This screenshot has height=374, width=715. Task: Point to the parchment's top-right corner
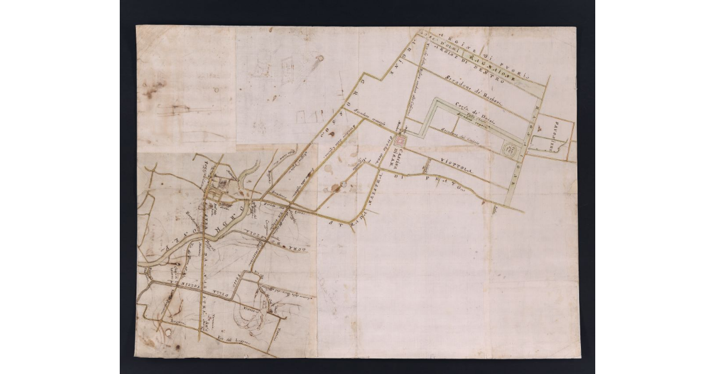pos(577,27)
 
